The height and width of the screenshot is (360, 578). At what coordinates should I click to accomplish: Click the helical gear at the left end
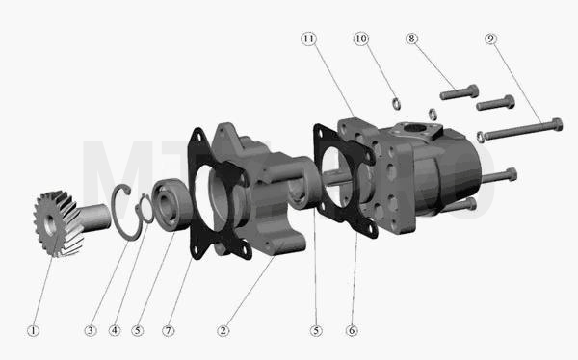[59, 223]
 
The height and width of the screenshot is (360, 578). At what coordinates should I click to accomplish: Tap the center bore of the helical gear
[50, 224]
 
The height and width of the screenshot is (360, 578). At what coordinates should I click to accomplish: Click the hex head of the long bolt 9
[557, 124]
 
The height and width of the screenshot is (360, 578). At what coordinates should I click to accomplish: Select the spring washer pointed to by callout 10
[396, 104]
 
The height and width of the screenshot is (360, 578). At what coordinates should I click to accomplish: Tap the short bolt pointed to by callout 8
[460, 92]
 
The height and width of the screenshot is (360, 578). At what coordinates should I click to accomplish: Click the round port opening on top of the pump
[414, 129]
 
